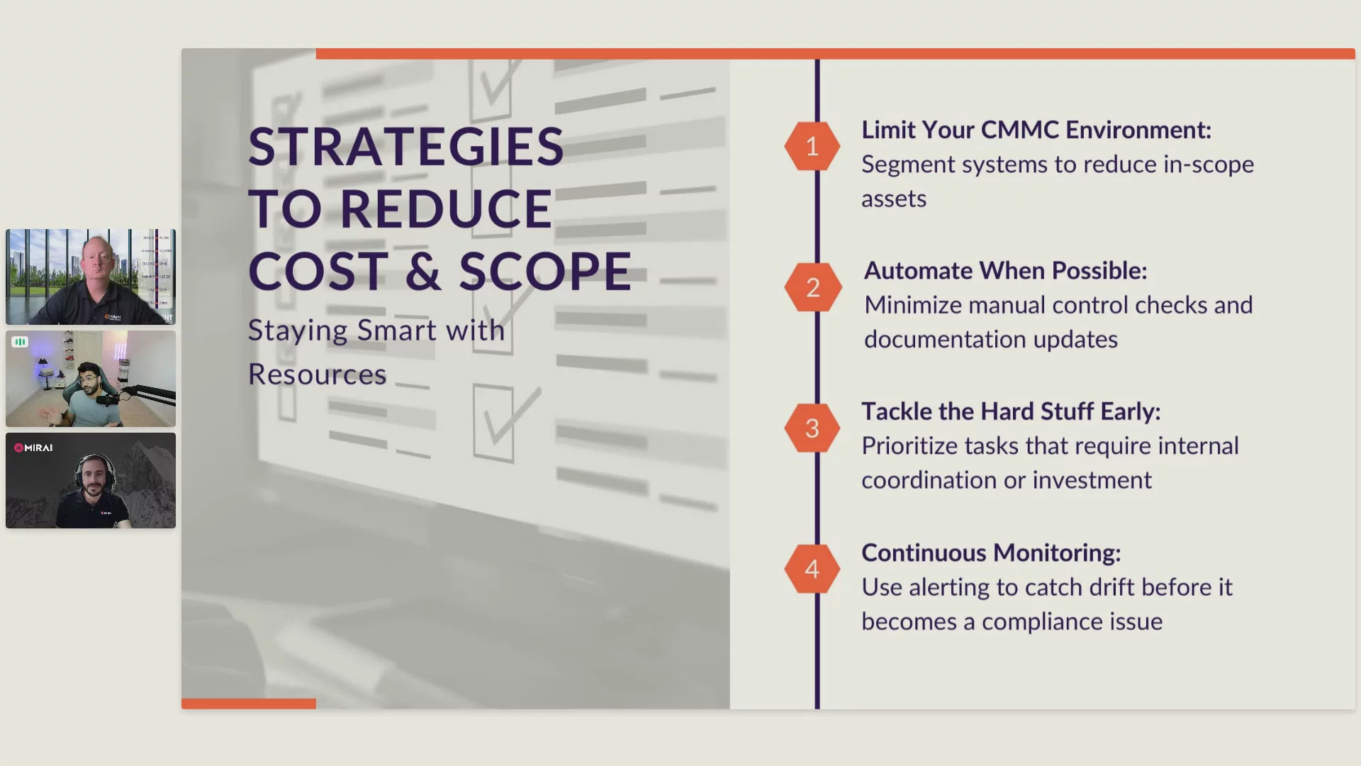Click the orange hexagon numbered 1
[x=812, y=146]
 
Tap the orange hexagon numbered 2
[x=812, y=287]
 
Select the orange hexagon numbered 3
[x=812, y=428]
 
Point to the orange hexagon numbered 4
[x=812, y=569]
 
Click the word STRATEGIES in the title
[x=406, y=147]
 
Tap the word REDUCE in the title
[x=447, y=209]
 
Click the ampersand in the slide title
[x=423, y=271]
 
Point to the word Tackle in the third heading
[x=897, y=411]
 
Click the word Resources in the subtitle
[x=317, y=374]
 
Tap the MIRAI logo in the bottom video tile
[x=33, y=448]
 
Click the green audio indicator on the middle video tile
[x=20, y=342]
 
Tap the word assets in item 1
[x=894, y=199]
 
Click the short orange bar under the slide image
[x=248, y=704]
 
